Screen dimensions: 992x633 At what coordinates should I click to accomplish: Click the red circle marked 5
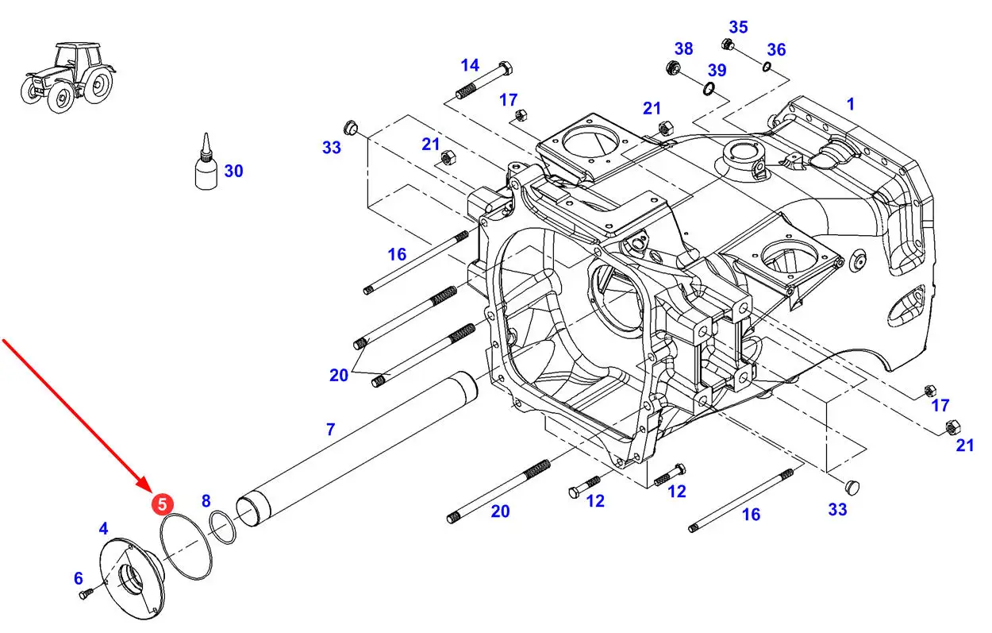pyautogui.click(x=162, y=504)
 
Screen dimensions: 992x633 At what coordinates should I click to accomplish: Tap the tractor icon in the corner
pyautogui.click(x=68, y=77)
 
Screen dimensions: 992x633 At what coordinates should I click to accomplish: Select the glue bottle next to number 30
pyautogui.click(x=206, y=162)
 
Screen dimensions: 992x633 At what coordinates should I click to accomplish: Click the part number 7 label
pyautogui.click(x=330, y=429)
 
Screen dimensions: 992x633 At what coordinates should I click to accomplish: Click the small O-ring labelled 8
pyautogui.click(x=222, y=527)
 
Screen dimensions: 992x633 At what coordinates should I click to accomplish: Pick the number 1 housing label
pyautogui.click(x=850, y=104)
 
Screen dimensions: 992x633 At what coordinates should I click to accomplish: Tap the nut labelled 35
pyautogui.click(x=727, y=44)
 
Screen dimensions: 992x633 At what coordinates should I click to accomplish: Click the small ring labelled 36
pyautogui.click(x=767, y=67)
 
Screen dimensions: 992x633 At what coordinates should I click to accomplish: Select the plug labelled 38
pyautogui.click(x=674, y=68)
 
